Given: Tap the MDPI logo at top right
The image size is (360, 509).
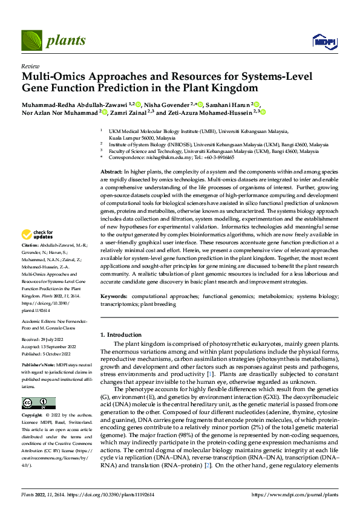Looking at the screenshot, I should [323, 41].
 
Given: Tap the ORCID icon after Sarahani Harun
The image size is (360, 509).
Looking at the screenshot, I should [257, 104].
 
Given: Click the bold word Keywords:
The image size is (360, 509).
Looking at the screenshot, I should [113, 296].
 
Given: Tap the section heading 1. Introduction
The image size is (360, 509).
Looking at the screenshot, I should [120, 335].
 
